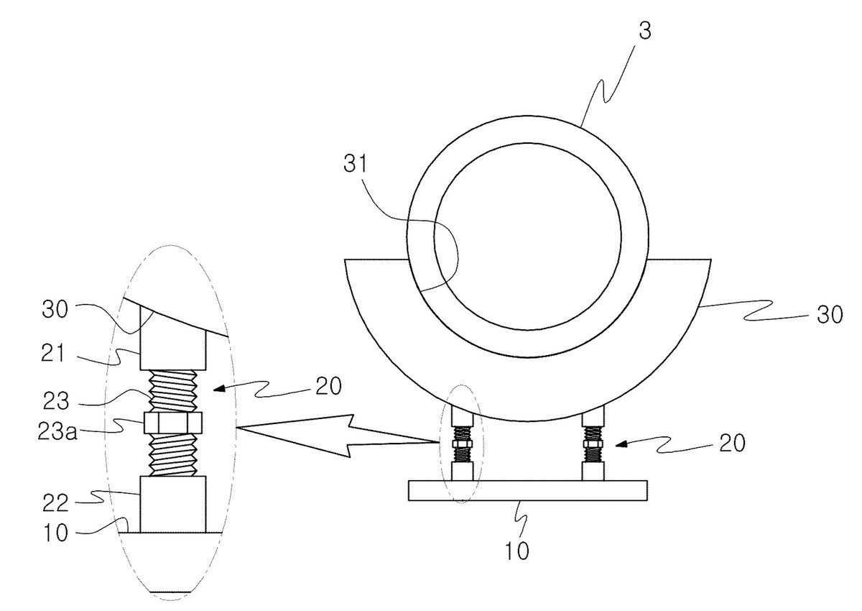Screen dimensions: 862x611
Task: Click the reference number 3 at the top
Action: [x=645, y=31]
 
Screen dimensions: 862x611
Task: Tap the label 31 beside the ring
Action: [x=356, y=165]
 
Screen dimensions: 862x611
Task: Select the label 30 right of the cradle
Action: [x=830, y=315]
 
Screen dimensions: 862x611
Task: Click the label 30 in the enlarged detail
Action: [x=55, y=309]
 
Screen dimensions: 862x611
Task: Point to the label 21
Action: [x=52, y=354]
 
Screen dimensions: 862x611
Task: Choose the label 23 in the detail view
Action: [x=56, y=401]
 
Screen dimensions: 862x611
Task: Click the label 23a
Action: [x=57, y=431]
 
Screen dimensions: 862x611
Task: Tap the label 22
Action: [x=55, y=502]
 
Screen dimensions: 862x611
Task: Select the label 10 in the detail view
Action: [x=56, y=533]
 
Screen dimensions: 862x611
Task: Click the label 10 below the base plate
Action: [x=516, y=551]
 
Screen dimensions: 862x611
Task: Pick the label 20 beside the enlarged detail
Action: [x=329, y=386]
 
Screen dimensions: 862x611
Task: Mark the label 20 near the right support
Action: [x=732, y=443]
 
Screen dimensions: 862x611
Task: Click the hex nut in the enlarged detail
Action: [x=172, y=423]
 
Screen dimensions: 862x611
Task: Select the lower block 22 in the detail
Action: [x=172, y=505]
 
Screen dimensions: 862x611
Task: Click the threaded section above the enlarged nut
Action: [x=173, y=392]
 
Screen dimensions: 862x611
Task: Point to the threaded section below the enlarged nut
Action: [x=173, y=455]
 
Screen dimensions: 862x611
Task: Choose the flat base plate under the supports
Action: [x=527, y=490]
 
